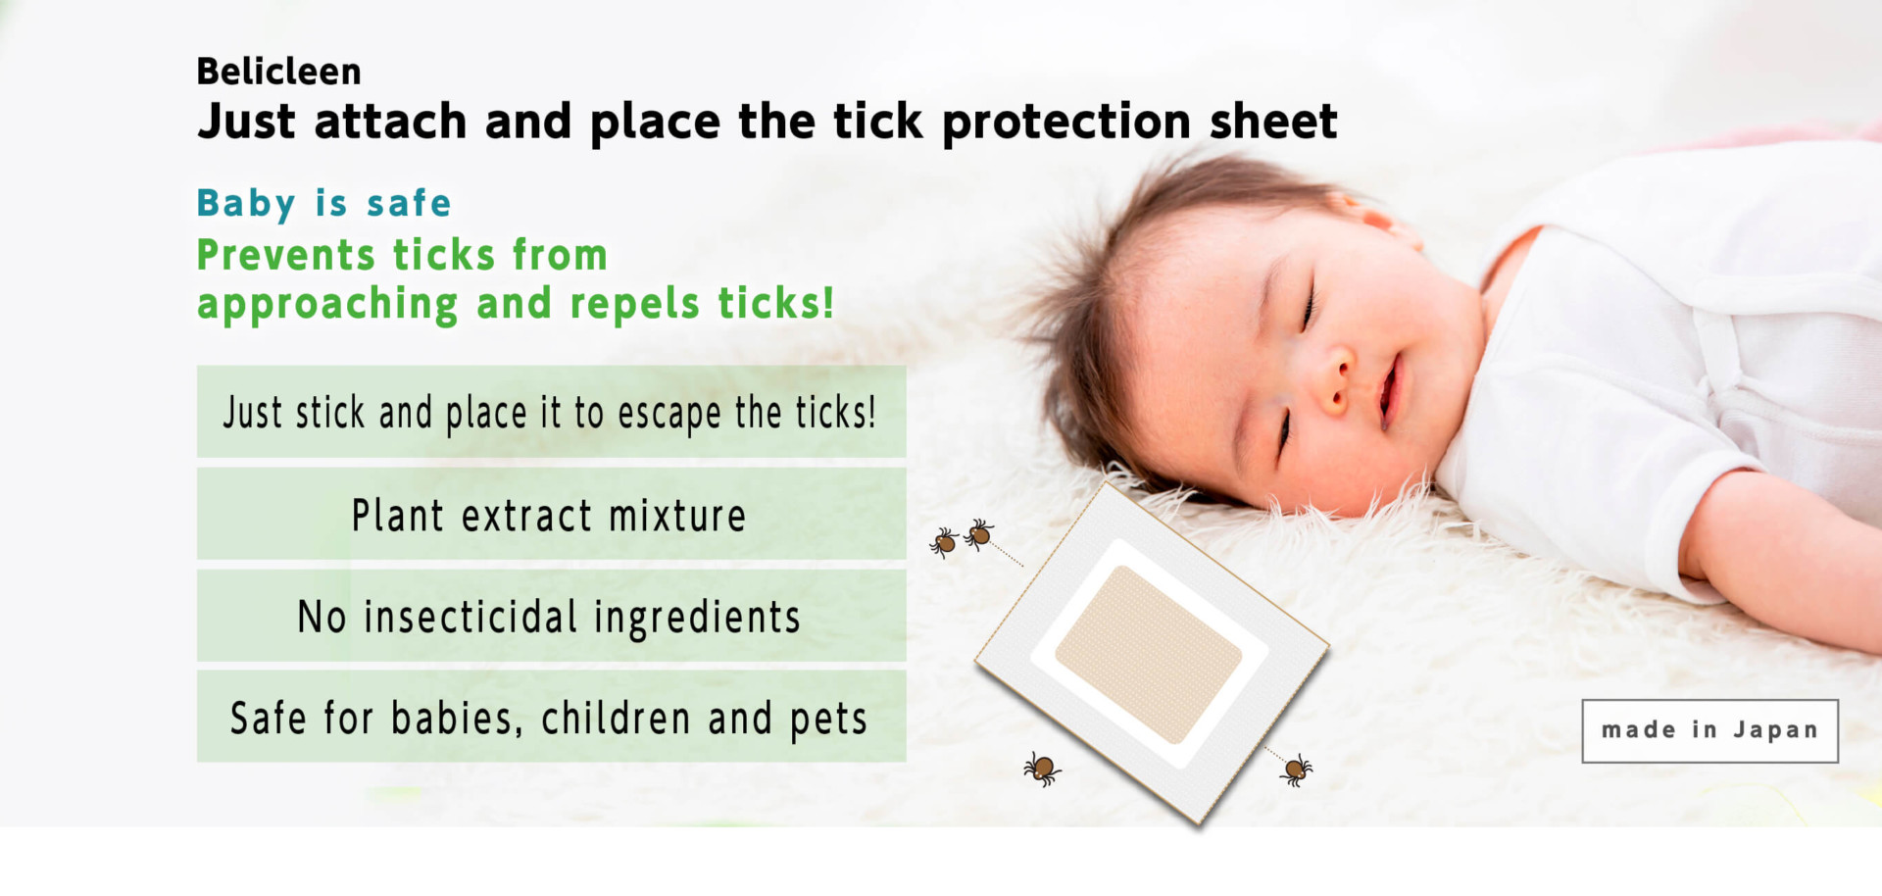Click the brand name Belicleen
point(278,72)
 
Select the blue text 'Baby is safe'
point(323,204)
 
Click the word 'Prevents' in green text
point(286,255)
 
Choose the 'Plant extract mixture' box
point(551,514)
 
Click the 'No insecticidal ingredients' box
point(551,616)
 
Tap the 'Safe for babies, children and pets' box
point(551,717)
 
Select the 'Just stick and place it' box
point(551,412)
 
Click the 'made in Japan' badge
point(1709,730)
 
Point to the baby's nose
point(1335,384)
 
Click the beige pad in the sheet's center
point(1148,654)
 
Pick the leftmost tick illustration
point(944,542)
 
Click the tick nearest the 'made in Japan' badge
point(1296,771)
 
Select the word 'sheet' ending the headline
point(1273,122)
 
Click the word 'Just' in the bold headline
point(246,123)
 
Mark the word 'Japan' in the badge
point(1775,731)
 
